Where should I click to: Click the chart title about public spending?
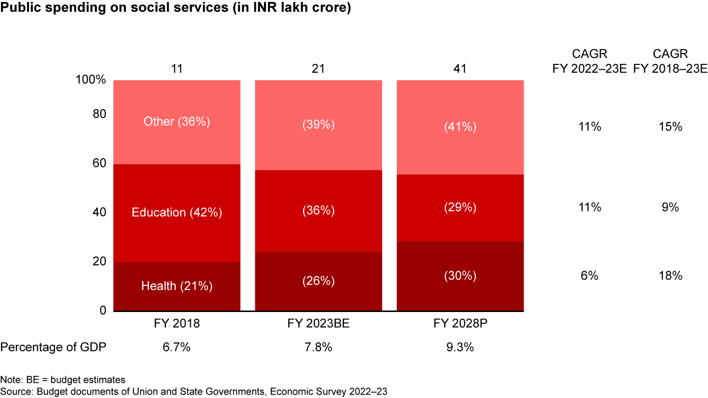(x=176, y=9)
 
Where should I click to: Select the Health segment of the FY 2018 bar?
(x=177, y=286)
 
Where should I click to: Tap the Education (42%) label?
(x=177, y=212)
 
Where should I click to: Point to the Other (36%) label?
(x=177, y=121)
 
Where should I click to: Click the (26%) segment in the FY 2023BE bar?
(x=319, y=281)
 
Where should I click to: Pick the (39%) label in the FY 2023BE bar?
(x=319, y=125)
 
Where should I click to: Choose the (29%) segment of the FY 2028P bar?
(x=460, y=208)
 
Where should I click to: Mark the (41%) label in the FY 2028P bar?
(x=460, y=127)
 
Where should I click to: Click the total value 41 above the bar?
(x=460, y=68)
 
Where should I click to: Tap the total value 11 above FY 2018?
(x=177, y=68)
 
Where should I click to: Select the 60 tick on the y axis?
(x=99, y=163)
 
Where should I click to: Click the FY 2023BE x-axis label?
(x=319, y=324)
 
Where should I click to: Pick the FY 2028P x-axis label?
(x=460, y=324)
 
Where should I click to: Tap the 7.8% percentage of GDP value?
(x=319, y=347)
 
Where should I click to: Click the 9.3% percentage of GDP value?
(x=460, y=347)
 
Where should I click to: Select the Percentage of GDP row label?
(x=54, y=347)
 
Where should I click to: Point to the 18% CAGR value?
(x=671, y=276)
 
